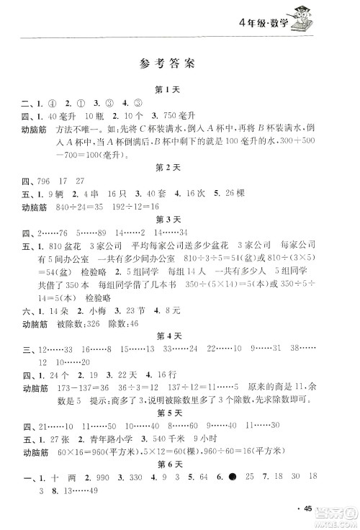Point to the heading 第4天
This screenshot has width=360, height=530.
tap(166, 335)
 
